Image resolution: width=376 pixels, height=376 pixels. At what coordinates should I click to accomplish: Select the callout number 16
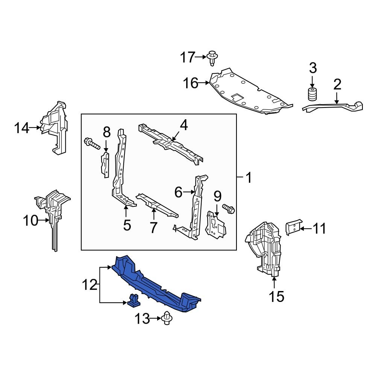(191, 83)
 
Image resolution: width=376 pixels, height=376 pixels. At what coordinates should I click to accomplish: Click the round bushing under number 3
(312, 94)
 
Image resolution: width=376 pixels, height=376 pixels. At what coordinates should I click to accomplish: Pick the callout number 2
(337, 84)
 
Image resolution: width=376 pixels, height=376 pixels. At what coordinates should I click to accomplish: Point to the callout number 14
(22, 128)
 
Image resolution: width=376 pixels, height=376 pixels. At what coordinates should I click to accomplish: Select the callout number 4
(183, 125)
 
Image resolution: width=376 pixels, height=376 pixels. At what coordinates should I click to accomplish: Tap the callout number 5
(127, 225)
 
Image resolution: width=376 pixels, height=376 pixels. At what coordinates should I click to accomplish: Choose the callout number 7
(153, 227)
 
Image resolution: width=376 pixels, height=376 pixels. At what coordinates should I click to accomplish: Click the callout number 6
(179, 193)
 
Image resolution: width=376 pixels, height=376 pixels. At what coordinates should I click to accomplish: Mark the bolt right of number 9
(229, 209)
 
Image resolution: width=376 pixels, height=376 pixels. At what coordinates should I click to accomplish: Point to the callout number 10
(31, 221)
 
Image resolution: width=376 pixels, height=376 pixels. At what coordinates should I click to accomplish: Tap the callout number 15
(276, 297)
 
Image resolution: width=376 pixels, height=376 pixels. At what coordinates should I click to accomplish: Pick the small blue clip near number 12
(133, 300)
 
